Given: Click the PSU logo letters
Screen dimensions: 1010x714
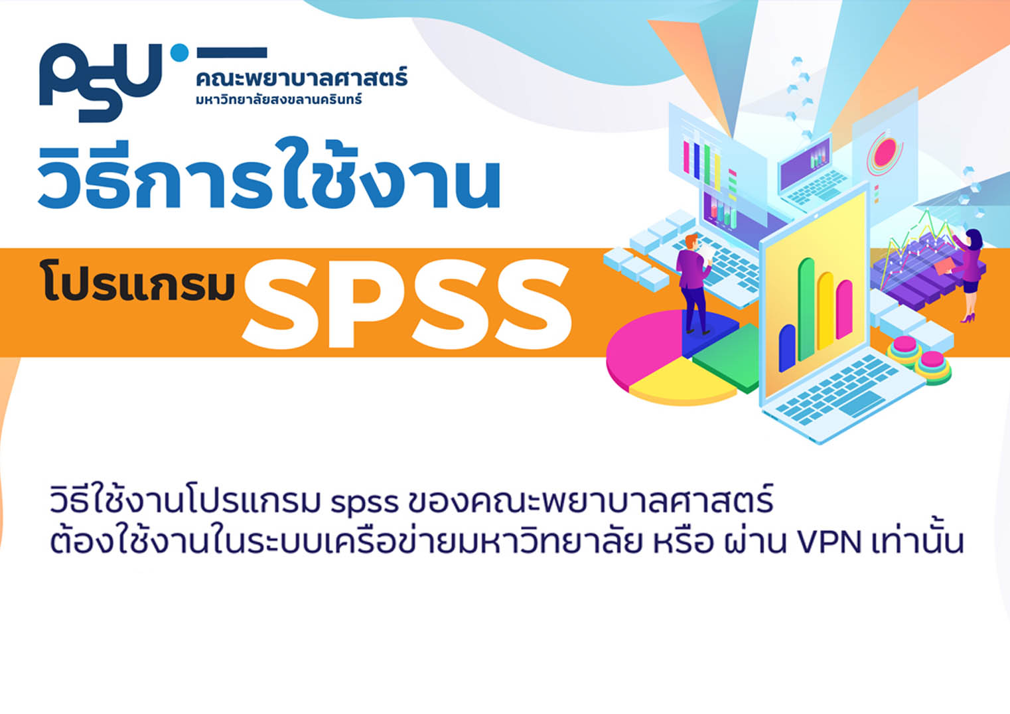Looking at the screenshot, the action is tap(101, 82).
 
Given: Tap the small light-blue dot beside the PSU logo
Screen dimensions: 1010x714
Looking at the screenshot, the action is tap(179, 52).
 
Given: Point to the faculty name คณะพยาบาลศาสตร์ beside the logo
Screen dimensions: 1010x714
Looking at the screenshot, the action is tap(302, 78).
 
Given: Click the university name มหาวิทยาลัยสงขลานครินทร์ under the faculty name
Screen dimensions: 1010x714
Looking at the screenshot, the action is tap(279, 99).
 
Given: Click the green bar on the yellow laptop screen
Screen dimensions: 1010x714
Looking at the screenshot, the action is tap(806, 309).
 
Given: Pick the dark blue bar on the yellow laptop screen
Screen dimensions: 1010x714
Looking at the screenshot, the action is tap(787, 348).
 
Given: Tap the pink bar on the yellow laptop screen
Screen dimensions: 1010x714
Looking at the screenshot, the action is tap(844, 309).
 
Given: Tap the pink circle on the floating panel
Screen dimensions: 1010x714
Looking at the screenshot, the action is tap(885, 153).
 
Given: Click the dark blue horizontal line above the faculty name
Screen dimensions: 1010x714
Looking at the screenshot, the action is tap(232, 52).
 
